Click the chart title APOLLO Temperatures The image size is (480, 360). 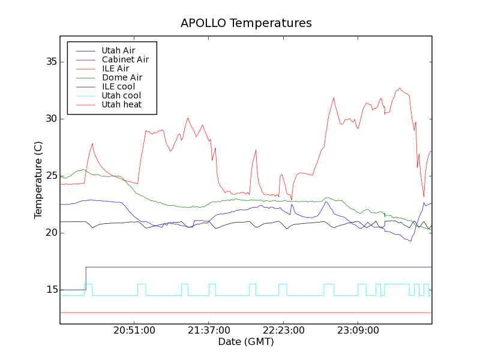click(x=246, y=23)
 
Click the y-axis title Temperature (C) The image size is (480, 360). click(x=38, y=180)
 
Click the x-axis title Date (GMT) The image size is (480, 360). click(x=246, y=342)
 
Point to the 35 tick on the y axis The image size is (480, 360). click(x=51, y=62)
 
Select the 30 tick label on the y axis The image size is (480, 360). click(x=51, y=119)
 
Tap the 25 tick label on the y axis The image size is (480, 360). click(x=51, y=176)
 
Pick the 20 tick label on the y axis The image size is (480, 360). click(x=51, y=233)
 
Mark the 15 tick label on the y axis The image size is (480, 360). click(x=51, y=290)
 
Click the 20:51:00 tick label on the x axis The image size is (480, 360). click(x=134, y=331)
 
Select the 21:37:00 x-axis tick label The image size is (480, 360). click(x=209, y=331)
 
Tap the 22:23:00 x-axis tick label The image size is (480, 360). click(x=283, y=331)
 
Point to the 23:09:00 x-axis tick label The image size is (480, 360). click(x=358, y=331)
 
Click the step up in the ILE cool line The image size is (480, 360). click(x=86, y=278)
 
